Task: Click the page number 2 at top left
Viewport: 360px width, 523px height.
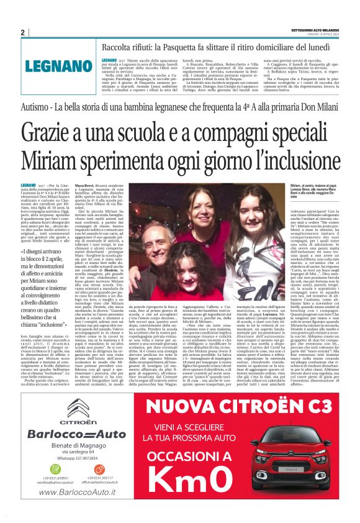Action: [22, 32]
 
